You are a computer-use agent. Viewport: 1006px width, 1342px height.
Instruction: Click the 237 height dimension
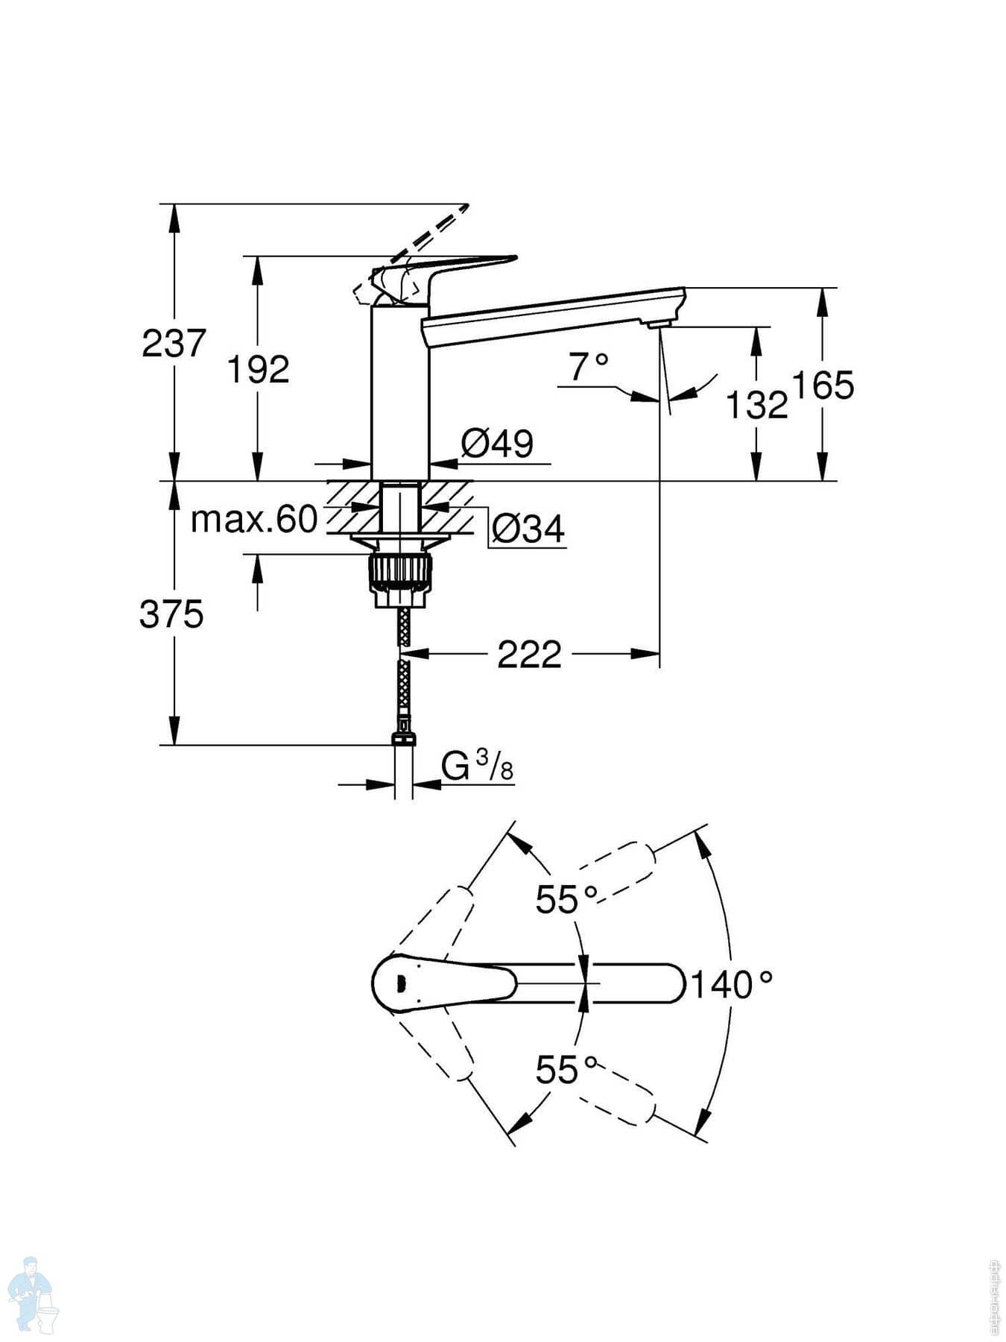pyautogui.click(x=174, y=344)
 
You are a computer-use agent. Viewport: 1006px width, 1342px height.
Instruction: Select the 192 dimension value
pyautogui.click(x=258, y=370)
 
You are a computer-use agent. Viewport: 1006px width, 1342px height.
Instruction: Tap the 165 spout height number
pyautogui.click(x=823, y=386)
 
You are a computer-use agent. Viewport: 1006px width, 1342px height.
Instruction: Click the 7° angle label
pyautogui.click(x=588, y=367)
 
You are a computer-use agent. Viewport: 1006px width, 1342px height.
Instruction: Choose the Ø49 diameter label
pyautogui.click(x=497, y=444)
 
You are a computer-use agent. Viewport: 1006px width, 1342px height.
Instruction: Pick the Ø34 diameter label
pyautogui.click(x=528, y=529)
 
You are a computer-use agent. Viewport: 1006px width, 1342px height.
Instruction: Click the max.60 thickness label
pyautogui.click(x=254, y=520)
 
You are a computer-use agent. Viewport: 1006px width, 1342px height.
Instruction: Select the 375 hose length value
pyautogui.click(x=171, y=615)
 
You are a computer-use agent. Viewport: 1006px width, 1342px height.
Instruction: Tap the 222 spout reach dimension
pyautogui.click(x=529, y=655)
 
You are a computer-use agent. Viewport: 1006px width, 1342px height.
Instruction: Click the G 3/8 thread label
pyautogui.click(x=477, y=766)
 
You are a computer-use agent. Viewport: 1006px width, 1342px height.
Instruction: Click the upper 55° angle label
pyautogui.click(x=566, y=900)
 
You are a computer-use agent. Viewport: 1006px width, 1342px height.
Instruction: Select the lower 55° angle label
pyautogui.click(x=566, y=1071)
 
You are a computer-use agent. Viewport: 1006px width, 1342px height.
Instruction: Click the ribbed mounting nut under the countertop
pyautogui.click(x=399, y=570)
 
